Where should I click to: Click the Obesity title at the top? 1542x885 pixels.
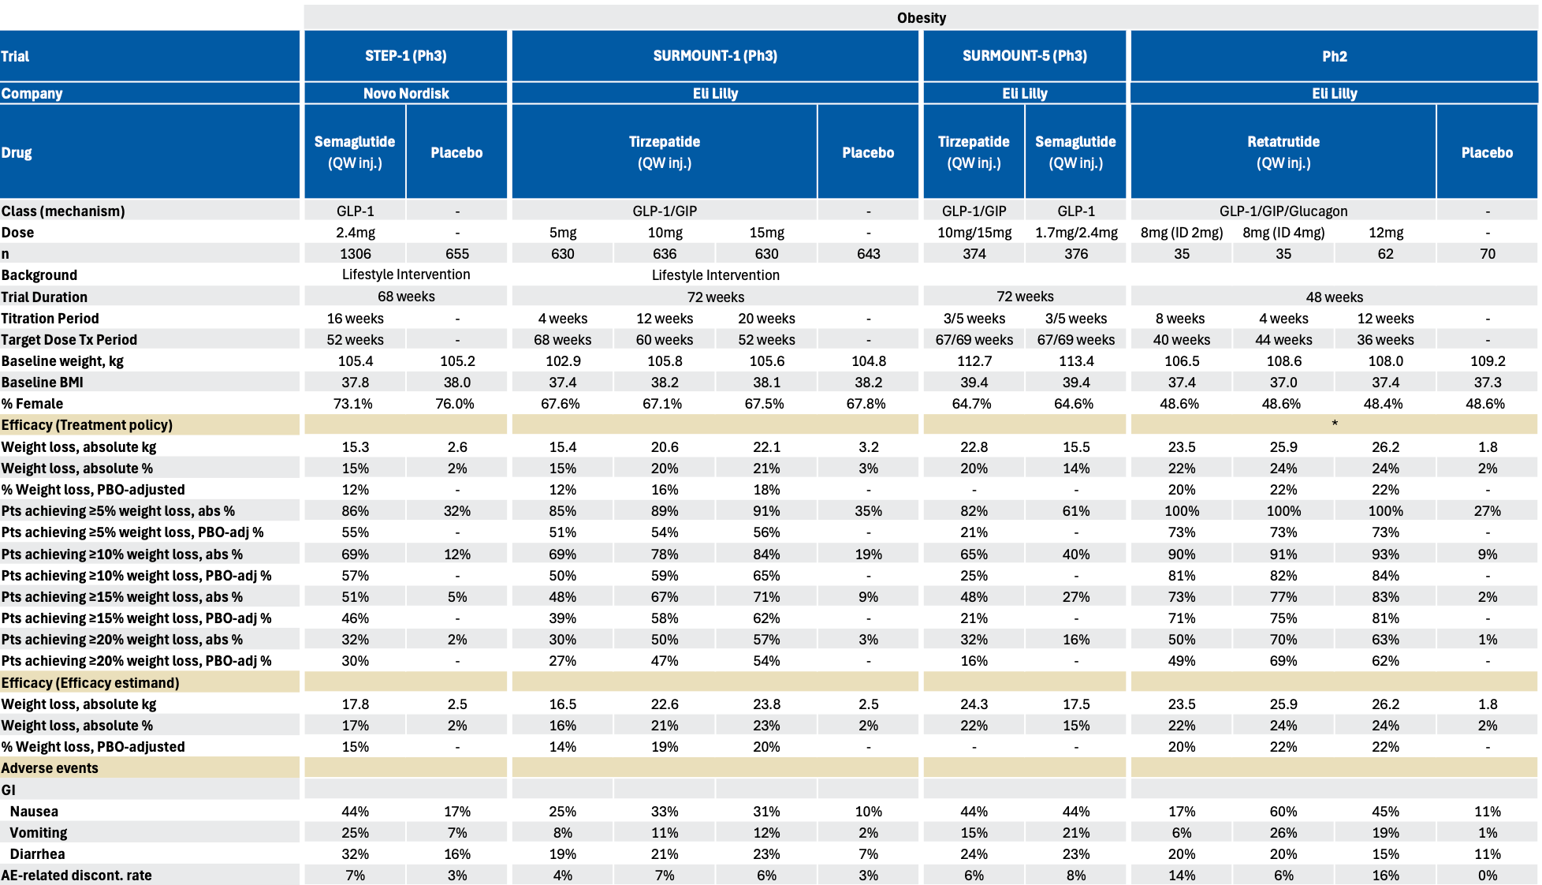(x=921, y=17)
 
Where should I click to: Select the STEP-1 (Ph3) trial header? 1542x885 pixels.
(x=405, y=56)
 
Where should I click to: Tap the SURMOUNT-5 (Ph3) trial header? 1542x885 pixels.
(x=1024, y=56)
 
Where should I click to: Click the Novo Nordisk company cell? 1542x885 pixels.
(x=405, y=93)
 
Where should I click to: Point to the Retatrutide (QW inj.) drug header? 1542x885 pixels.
(x=1283, y=151)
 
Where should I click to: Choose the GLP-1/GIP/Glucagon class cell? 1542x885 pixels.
(x=1283, y=211)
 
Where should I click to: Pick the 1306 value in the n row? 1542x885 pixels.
(x=355, y=253)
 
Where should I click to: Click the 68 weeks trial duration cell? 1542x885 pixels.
(x=405, y=297)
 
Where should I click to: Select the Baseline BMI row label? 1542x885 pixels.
(x=43, y=383)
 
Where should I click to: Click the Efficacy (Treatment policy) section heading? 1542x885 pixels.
(x=87, y=425)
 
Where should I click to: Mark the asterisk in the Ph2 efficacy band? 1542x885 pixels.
(x=1334, y=424)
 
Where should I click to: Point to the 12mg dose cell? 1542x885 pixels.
(x=1385, y=233)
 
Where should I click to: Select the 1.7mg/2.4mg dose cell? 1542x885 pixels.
(x=1075, y=233)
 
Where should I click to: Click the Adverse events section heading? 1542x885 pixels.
(x=50, y=768)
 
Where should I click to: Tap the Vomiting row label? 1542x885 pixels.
(x=39, y=833)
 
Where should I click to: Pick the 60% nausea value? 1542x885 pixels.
(x=1283, y=812)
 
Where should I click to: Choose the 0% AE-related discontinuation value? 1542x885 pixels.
(x=1487, y=876)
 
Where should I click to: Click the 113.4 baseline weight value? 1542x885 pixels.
(x=1075, y=361)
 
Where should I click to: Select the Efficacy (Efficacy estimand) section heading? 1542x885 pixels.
(x=90, y=683)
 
